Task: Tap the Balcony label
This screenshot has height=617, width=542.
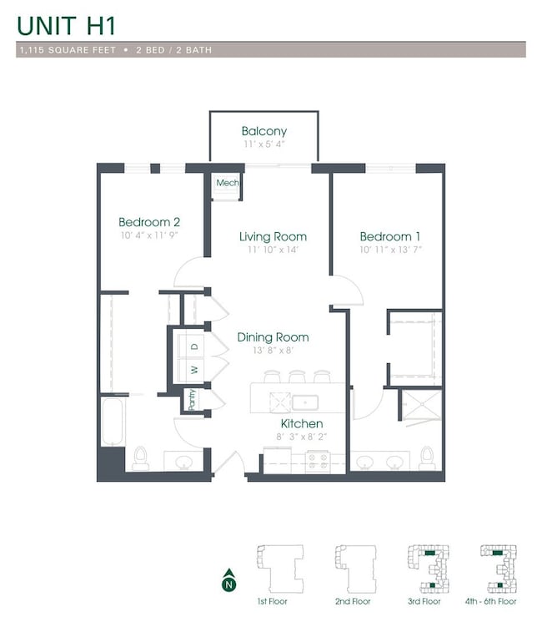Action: point(263,131)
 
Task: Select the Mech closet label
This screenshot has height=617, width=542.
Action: point(227,183)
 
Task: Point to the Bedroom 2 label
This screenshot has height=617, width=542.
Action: point(149,222)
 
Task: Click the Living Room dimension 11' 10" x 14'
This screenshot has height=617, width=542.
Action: point(273,250)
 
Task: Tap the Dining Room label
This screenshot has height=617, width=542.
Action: point(273,337)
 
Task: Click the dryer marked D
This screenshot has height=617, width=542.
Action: point(193,346)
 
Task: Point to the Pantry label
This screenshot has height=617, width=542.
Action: point(192,400)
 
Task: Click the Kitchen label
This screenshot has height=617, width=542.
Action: point(301,424)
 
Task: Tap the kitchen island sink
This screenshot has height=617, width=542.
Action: point(305,402)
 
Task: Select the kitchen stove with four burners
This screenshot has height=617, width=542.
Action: point(319,460)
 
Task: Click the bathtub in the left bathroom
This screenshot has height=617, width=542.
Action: point(112,422)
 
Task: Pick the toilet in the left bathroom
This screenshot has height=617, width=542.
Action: point(141,458)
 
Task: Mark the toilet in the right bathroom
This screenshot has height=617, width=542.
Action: point(427,457)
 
